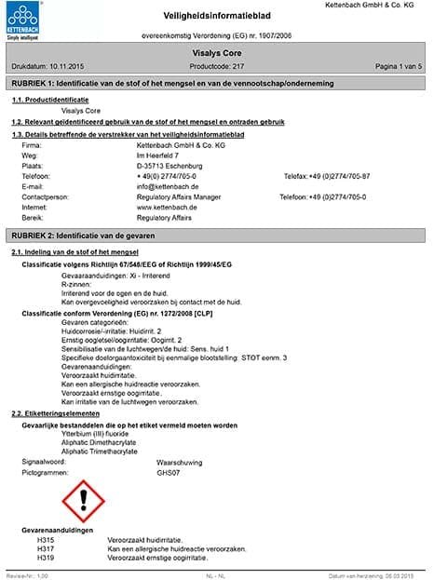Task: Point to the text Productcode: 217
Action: (x=216, y=68)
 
